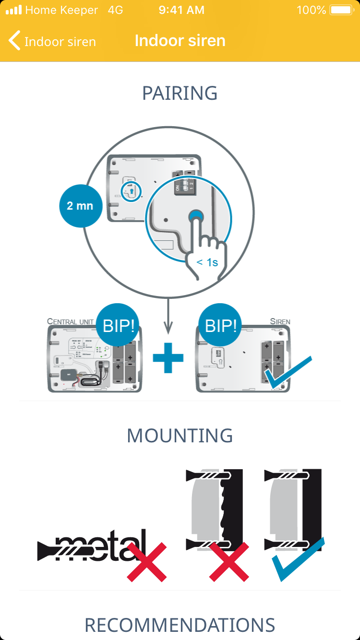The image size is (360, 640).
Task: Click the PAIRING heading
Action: [180, 93]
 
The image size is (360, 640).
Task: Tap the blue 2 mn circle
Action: [80, 206]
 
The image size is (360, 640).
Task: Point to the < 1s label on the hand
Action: [207, 262]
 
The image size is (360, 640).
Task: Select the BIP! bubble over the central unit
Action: [119, 326]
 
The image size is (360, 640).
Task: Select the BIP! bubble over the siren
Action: [221, 326]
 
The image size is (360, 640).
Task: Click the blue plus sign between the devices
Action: [168, 357]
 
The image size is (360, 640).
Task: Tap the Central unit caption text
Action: [70, 321]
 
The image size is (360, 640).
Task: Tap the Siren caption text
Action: [280, 321]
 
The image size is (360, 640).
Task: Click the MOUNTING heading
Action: [180, 436]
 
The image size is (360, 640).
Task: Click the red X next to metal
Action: [146, 562]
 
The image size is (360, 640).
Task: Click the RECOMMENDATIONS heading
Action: [180, 625]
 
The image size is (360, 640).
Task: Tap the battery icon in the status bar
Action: [342, 10]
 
